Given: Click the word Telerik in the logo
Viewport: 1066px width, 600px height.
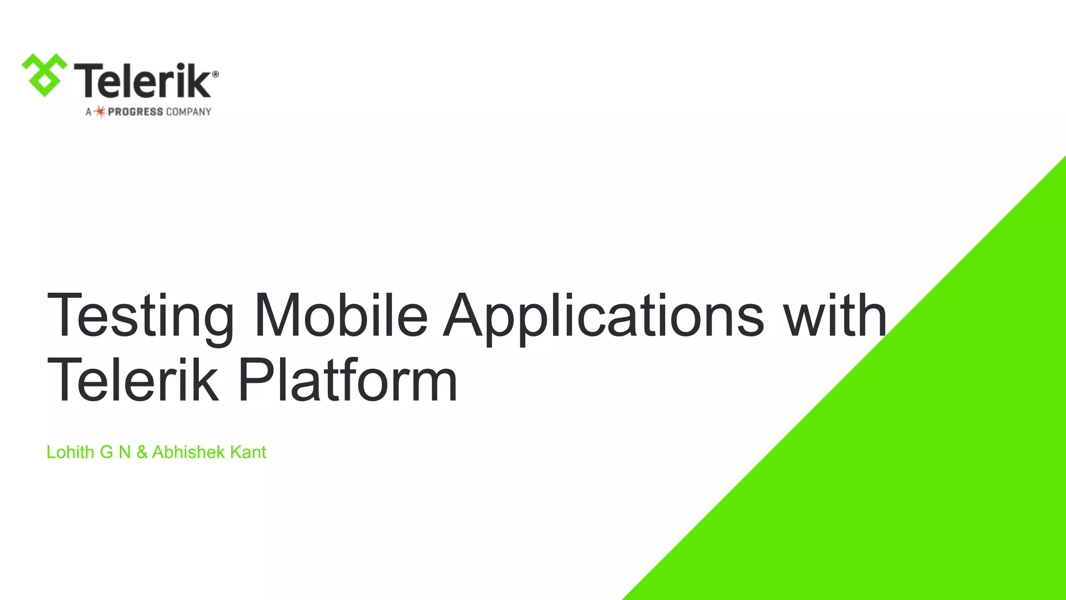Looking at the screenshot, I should click(142, 81).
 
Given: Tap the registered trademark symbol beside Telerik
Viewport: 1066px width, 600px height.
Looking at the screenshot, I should click(215, 74).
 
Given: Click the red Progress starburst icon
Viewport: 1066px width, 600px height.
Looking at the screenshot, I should click(100, 111).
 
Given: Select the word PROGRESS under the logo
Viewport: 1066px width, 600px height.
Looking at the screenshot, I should click(135, 112).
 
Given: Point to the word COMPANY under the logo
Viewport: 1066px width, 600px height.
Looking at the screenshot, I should click(188, 112).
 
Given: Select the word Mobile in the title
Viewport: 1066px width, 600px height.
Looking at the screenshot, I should click(341, 316).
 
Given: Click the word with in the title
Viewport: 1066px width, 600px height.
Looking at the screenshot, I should click(835, 316).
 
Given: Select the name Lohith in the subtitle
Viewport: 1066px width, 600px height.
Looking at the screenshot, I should click(70, 452).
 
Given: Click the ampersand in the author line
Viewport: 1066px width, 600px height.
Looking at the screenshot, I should click(142, 452).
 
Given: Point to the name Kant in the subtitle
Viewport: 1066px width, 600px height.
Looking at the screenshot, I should click(248, 452).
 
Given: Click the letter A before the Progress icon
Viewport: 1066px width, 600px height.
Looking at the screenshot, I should click(88, 112).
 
